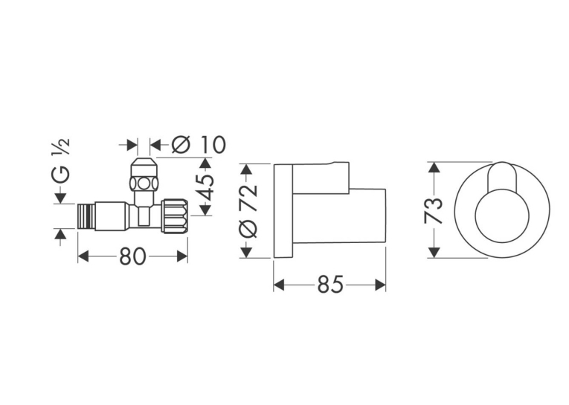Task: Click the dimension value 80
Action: (x=132, y=256)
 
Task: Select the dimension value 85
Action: (x=330, y=285)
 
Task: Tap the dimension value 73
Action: (x=434, y=210)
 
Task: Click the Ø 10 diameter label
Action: (x=198, y=145)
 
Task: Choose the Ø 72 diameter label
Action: (x=248, y=211)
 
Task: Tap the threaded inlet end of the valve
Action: (x=87, y=216)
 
